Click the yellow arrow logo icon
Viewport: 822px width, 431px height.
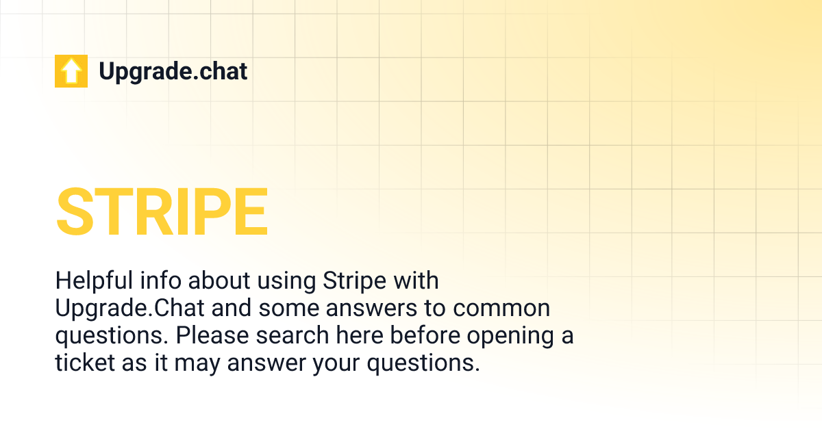71,71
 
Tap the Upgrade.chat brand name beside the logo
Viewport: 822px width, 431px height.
173,71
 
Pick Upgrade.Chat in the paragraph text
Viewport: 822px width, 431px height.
129,309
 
